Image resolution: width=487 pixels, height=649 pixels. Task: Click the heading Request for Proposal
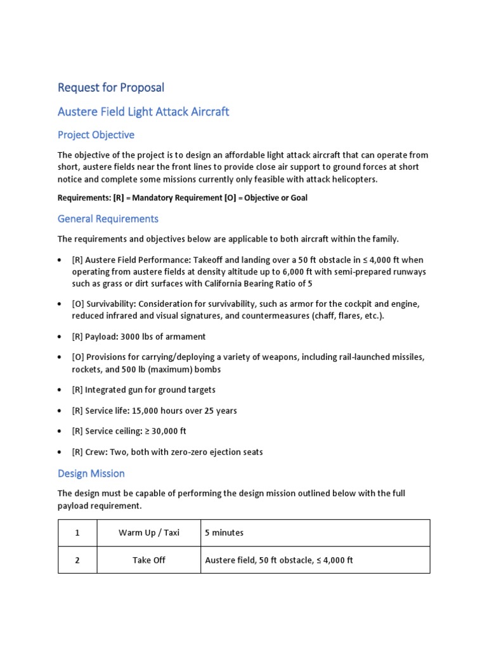click(110, 87)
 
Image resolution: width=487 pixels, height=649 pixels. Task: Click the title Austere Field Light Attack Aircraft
click(143, 112)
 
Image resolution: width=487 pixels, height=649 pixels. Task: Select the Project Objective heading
click(96, 135)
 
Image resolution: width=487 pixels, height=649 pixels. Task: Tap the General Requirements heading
click(108, 219)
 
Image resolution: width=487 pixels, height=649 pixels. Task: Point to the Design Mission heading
click(91, 473)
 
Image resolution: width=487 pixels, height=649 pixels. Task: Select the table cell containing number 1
click(77, 532)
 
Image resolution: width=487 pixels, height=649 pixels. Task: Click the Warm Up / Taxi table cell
click(148, 532)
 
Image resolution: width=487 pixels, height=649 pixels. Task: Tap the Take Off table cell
click(148, 560)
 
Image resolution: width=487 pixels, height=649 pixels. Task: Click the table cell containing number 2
click(77, 560)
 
